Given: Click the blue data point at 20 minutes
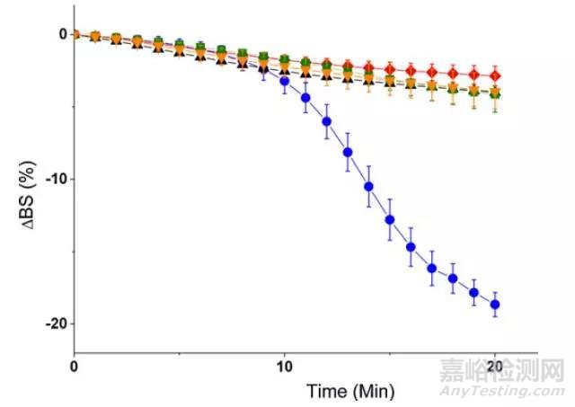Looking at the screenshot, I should [x=494, y=305].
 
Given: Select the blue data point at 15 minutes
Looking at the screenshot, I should [x=390, y=220].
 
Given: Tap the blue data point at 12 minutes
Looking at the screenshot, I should [x=326, y=122].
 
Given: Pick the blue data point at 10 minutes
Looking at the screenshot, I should [x=285, y=81].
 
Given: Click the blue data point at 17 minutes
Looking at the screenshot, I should [x=431, y=268].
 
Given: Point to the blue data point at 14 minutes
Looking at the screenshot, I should [x=368, y=187].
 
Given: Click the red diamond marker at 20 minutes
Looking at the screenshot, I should [x=494, y=75].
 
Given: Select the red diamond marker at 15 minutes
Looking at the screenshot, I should [x=390, y=68].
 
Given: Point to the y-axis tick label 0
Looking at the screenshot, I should [x=62, y=34].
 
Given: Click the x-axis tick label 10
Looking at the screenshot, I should [x=285, y=367].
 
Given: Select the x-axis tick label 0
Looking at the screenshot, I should [x=75, y=367].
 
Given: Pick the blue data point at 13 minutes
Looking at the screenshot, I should [x=348, y=152].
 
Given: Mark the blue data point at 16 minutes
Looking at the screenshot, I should [x=411, y=247].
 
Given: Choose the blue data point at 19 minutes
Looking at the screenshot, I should [x=473, y=293].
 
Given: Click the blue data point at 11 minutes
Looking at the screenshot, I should [x=305, y=97].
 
